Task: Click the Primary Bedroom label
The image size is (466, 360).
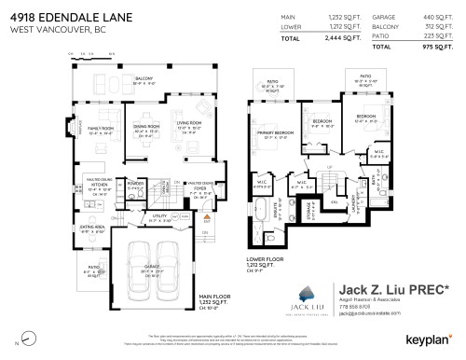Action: click(x=272, y=134)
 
